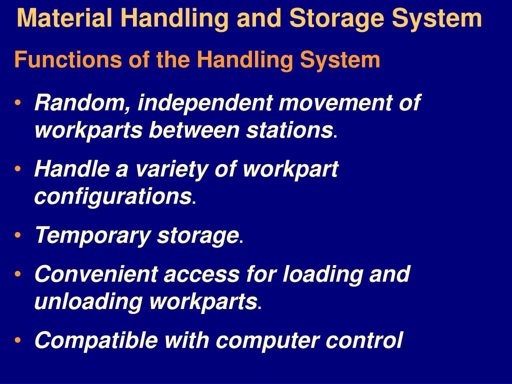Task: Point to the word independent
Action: click(205, 103)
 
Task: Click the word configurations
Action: click(112, 196)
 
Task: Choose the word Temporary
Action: click(92, 235)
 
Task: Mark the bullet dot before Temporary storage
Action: click(18, 234)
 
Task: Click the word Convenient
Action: click(95, 274)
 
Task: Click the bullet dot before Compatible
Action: click(18, 340)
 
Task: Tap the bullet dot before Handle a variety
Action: click(18, 169)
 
